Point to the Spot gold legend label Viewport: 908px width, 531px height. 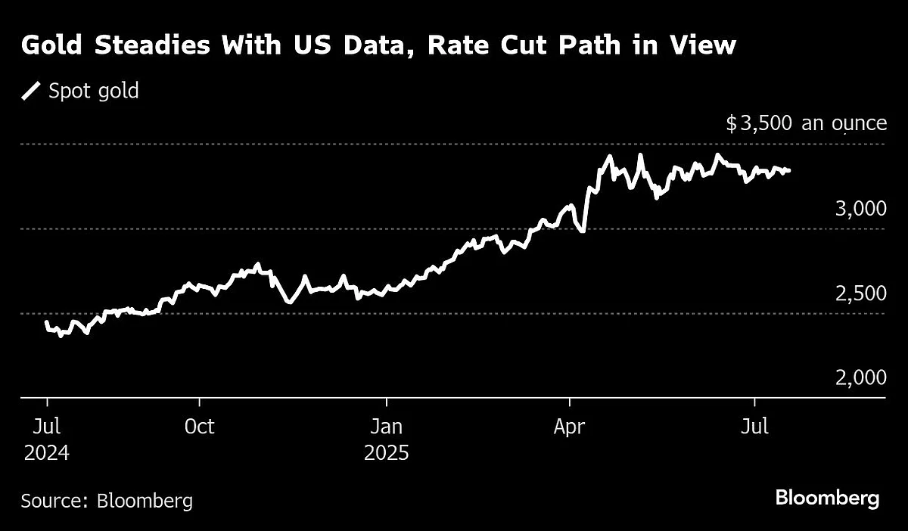94,92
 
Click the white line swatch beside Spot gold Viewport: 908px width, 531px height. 32,92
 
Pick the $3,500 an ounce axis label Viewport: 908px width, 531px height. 806,123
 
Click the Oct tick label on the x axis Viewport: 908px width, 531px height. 199,427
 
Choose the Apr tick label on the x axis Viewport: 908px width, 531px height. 569,427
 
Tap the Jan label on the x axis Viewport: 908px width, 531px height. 386,427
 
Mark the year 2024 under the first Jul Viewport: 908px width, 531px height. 47,454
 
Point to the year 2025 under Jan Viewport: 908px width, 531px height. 386,454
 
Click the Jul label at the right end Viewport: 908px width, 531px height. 754,427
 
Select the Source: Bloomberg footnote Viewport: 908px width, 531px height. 107,500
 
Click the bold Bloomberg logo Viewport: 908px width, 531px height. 827,498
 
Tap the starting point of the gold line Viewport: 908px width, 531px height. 47,322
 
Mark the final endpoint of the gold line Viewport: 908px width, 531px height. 789,171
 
